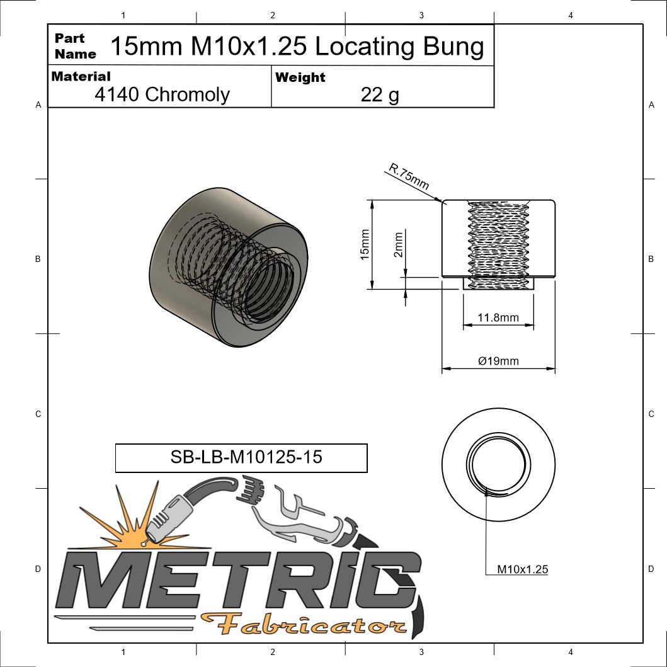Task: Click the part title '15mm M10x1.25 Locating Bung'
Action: tap(297, 47)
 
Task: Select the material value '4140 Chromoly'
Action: tap(162, 94)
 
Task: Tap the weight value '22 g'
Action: tap(380, 94)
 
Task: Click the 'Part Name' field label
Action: tap(75, 46)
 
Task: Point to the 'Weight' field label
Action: tap(300, 77)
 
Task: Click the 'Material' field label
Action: tap(81, 76)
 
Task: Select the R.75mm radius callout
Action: tap(409, 177)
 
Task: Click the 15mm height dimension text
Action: tap(364, 244)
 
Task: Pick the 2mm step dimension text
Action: tap(398, 245)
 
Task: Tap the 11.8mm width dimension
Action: tap(498, 317)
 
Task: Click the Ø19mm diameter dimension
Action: tap(498, 361)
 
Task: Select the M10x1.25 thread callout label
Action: tap(522, 569)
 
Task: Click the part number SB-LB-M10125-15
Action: tap(241, 457)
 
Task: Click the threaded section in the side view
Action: tap(498, 242)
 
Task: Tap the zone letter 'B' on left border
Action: tap(38, 259)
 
